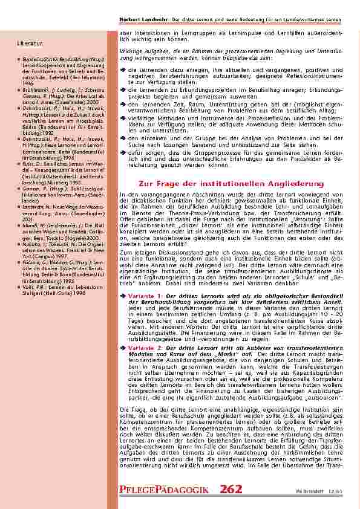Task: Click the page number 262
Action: tap(232, 489)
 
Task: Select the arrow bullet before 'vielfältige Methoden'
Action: tap(123, 121)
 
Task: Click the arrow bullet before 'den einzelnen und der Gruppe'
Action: tap(123, 137)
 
